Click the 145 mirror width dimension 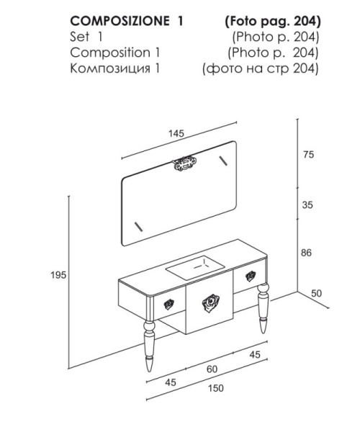point(176,134)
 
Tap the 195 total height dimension point(58,275)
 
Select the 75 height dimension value point(308,155)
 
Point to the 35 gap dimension point(307,205)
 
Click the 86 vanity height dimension point(306,253)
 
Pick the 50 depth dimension point(317,294)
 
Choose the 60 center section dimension point(212,369)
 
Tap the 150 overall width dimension point(216,388)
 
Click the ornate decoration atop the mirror point(184,163)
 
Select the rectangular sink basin point(195,268)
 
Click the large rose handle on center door point(210,303)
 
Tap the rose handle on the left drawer point(169,304)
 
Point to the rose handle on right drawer point(251,276)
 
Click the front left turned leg point(150,346)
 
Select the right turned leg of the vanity point(263,309)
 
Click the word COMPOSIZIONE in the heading point(120,21)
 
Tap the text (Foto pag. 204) point(273,22)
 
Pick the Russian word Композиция point(110,68)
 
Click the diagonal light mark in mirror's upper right point(223,161)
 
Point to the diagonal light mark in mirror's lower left point(138,227)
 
